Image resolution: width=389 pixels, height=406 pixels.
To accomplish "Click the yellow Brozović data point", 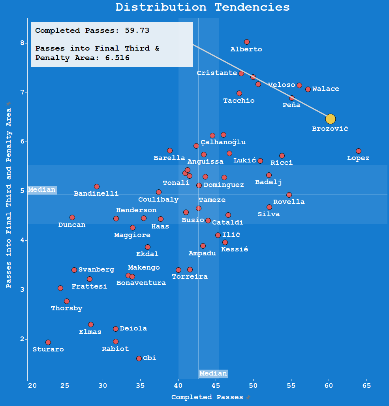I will pos(331,119).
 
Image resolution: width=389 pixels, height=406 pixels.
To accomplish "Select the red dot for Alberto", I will pos(247,42).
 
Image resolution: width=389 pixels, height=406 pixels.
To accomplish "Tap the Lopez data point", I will pos(359,151).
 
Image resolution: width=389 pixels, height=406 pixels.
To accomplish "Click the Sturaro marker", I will pos(48,342).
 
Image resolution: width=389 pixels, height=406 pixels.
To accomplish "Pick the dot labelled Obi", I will pos(139,359).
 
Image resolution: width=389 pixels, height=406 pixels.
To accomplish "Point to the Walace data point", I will pos(308,89).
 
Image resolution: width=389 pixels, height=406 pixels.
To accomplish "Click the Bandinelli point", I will pos(97,187).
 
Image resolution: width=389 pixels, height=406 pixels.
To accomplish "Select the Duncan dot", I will pos(72,217).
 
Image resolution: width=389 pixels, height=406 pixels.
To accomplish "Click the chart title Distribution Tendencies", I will pos(203,7).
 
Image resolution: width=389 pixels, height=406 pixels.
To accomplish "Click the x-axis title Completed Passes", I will pos(207,397).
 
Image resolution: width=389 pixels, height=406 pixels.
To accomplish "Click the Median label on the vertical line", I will pos(213,374).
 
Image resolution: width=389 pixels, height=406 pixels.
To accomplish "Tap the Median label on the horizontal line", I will pos(42,190).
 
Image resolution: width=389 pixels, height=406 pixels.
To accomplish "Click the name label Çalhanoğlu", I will pos(223,142).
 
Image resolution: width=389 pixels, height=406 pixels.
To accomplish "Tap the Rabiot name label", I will pos(115,349).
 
